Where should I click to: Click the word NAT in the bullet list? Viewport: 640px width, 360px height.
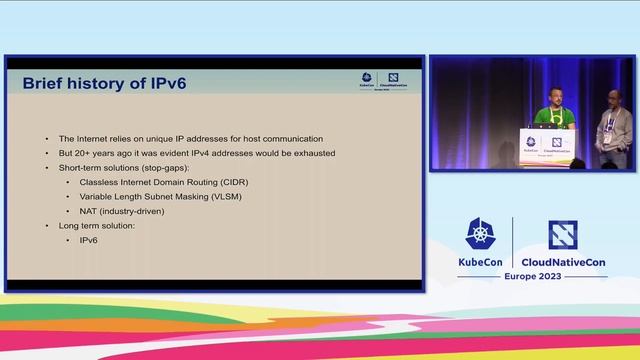89,212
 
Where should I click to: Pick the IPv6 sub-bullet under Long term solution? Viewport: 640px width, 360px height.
89,241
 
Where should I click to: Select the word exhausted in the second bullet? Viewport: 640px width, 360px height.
312,153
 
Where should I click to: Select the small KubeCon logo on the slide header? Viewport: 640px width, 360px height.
368,81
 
